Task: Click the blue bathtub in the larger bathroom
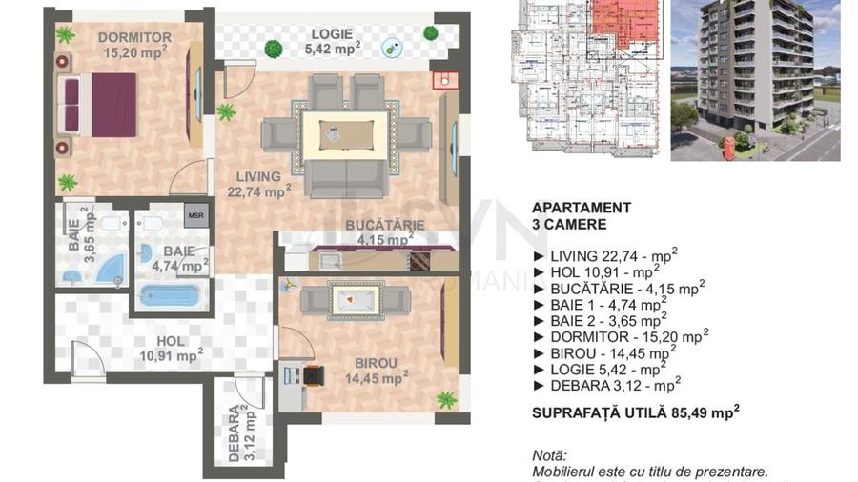[x=170, y=294]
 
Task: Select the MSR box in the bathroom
[x=195, y=215]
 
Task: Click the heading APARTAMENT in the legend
[x=581, y=207]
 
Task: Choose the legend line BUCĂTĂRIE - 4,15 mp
[x=624, y=287]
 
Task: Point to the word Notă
[x=550, y=456]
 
